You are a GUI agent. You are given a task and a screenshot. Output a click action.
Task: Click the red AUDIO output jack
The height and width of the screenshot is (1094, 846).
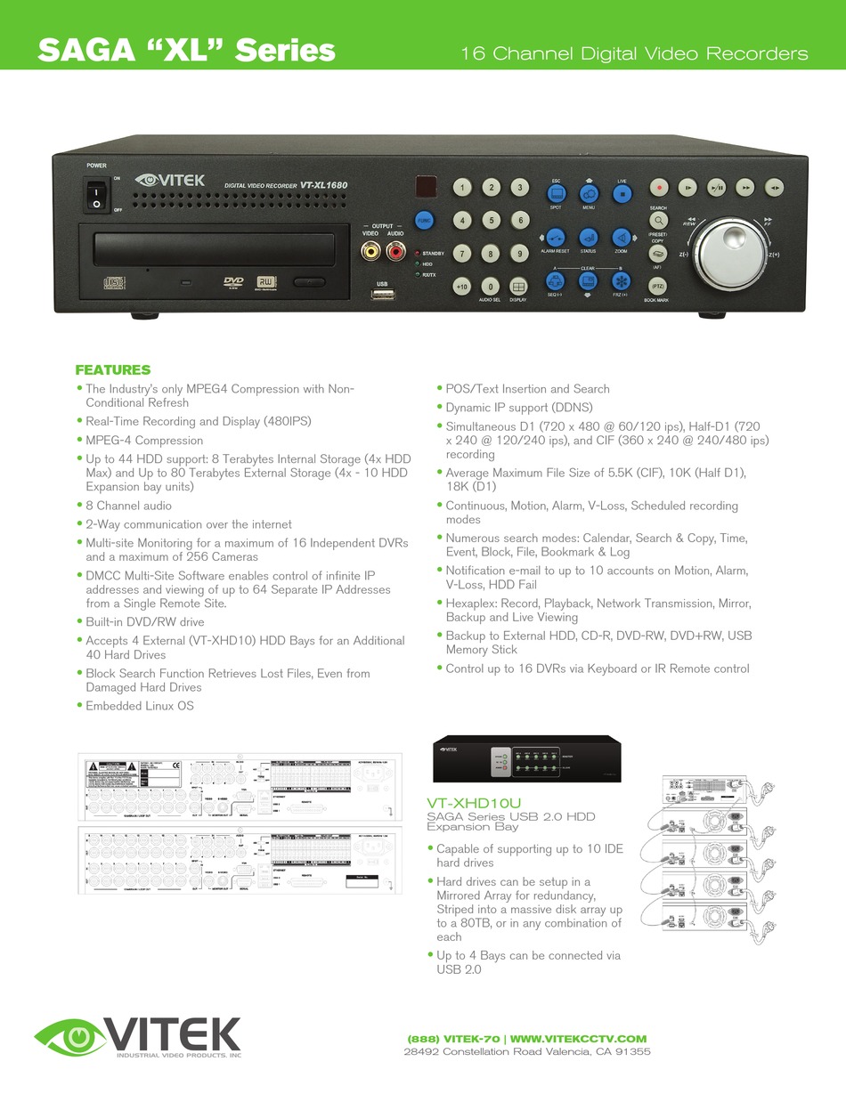click(395, 253)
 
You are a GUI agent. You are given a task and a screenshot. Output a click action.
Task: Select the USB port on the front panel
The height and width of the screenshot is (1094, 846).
click(383, 296)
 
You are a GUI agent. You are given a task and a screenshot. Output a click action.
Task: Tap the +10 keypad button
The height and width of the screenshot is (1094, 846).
click(461, 287)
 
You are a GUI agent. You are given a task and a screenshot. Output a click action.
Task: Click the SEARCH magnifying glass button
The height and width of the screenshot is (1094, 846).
click(658, 221)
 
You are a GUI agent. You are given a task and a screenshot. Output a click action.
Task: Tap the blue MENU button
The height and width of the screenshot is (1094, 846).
click(589, 193)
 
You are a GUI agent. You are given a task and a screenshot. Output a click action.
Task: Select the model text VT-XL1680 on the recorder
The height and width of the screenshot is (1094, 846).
click(324, 185)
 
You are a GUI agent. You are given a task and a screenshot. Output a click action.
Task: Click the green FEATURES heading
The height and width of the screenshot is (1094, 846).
click(113, 370)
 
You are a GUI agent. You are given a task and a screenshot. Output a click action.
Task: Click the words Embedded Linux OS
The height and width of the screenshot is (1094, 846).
click(140, 706)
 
